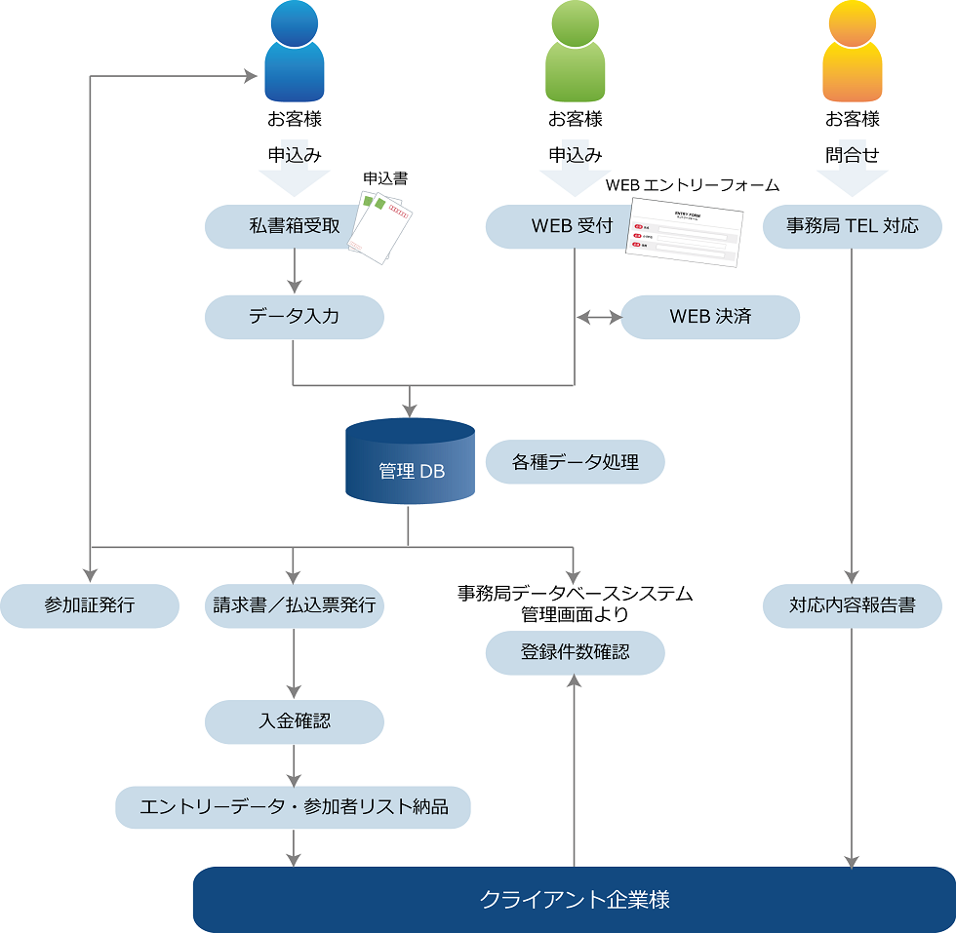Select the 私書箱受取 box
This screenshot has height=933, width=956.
(x=278, y=226)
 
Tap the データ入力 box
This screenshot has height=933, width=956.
(x=294, y=317)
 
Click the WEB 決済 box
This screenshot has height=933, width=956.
(x=710, y=317)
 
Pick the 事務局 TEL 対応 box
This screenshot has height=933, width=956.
(x=853, y=226)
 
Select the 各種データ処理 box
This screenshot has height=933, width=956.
(x=575, y=462)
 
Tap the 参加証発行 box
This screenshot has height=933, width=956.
(x=90, y=605)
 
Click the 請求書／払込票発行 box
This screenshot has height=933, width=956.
(x=294, y=605)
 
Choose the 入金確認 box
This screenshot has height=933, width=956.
(x=294, y=721)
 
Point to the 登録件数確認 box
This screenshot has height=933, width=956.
(x=575, y=652)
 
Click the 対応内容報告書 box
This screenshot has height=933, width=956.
(x=853, y=605)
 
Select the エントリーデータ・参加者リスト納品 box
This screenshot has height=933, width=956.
(x=294, y=807)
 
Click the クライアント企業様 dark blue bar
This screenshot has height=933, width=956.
(x=575, y=899)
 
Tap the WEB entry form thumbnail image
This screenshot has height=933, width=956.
(x=683, y=232)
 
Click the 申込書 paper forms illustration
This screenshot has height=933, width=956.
(x=382, y=226)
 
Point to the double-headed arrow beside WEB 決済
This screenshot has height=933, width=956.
(x=598, y=317)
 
